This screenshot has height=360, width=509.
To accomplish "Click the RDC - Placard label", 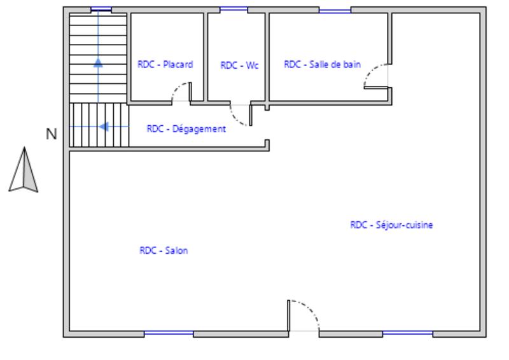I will coord(165,64).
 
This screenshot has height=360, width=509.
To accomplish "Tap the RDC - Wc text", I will coord(239,65).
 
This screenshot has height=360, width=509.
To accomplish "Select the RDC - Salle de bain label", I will coord(322,64).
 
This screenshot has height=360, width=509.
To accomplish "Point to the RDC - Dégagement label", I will coord(186,128).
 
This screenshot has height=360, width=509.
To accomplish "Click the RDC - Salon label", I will coord(164,251).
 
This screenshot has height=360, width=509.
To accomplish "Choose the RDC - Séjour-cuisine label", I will coord(391,225).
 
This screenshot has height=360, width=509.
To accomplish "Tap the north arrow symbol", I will coord(24,170).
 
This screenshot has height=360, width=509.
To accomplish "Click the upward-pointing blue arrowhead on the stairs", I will coord(98,62).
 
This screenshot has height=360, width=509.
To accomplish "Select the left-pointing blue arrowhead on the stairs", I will coord(104,127).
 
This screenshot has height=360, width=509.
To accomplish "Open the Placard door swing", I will coord(181,93).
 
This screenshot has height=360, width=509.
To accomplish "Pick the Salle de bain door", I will coord(376,76).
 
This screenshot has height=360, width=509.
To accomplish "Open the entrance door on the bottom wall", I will coord(303,315).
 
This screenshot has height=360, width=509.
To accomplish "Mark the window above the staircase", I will coord(101,10).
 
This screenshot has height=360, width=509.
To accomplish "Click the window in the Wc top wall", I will coord(234,10).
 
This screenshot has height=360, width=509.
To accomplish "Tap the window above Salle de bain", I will coord(335,10).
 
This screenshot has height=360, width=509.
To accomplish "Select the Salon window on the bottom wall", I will coord(169,333).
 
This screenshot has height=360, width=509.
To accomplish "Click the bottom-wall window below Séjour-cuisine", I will coord(407,333).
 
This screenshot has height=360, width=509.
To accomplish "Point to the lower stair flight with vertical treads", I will coord(99,125).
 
